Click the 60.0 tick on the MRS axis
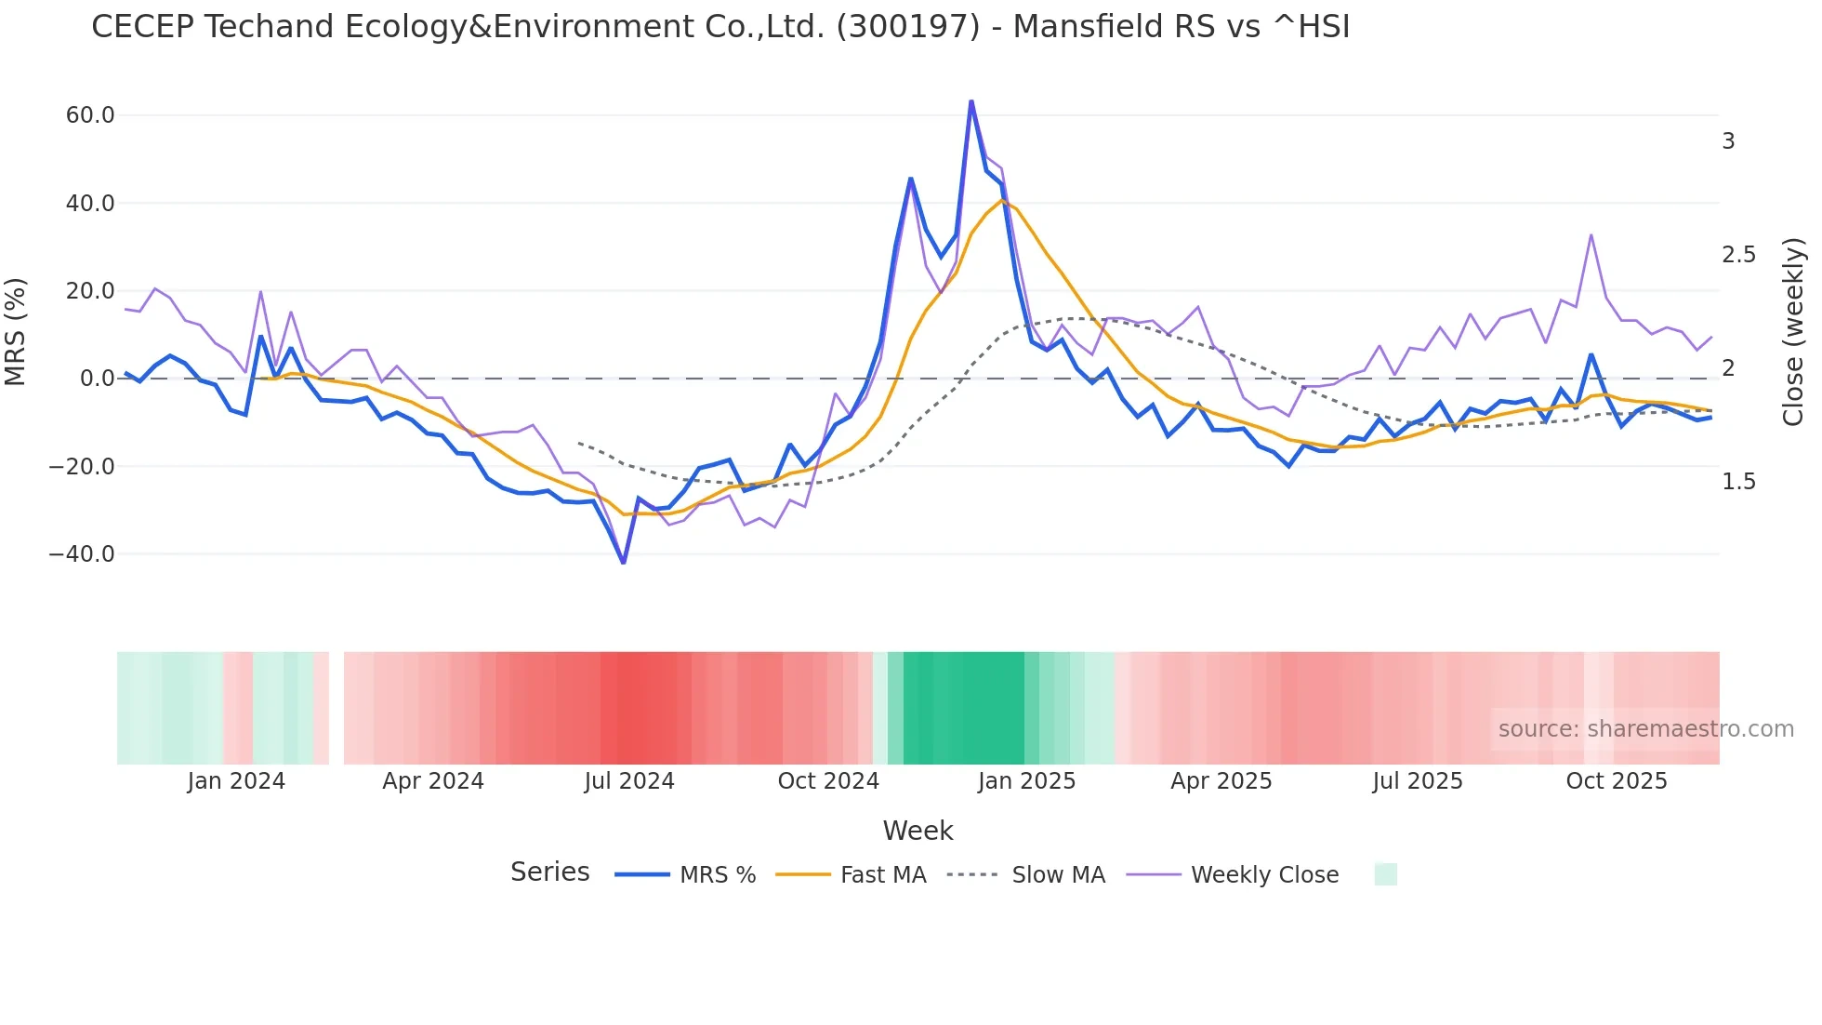click(x=90, y=115)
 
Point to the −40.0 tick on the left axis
click(x=82, y=554)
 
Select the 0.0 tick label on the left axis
click(x=97, y=379)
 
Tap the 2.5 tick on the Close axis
click(x=1738, y=255)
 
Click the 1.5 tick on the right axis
click(x=1738, y=482)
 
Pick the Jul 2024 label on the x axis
click(x=629, y=781)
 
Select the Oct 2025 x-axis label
click(x=1617, y=781)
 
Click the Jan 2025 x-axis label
click(x=1026, y=781)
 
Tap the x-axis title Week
click(x=918, y=831)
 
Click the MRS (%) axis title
click(x=16, y=332)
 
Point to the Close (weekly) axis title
click(x=1793, y=332)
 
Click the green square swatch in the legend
click(x=1385, y=874)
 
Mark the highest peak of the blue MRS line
click(x=971, y=101)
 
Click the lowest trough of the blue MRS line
click(x=624, y=563)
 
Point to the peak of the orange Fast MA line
click(x=1002, y=200)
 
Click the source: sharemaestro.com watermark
click(x=1645, y=729)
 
